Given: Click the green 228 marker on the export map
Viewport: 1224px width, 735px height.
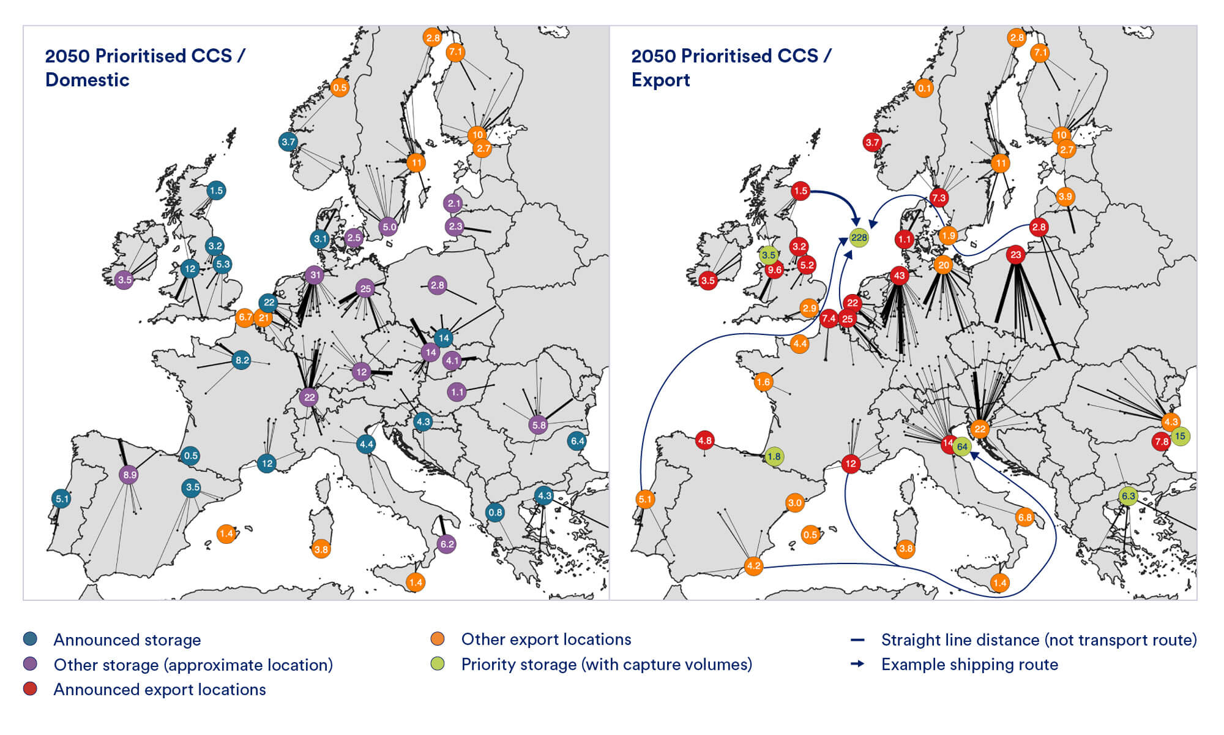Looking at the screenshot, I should click(859, 238).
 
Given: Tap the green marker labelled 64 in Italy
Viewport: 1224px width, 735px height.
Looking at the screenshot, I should click(962, 447).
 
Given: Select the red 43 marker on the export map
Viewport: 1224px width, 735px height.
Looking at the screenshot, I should click(899, 276).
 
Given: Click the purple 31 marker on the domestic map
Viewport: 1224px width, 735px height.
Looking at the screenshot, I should click(315, 275).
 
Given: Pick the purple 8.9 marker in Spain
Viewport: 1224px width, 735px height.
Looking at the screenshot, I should click(129, 475).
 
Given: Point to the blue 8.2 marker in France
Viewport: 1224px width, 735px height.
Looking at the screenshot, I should click(242, 360).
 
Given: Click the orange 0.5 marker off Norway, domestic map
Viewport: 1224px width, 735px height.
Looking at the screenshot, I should click(340, 87).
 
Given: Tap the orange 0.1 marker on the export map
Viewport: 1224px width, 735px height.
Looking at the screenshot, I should click(924, 88).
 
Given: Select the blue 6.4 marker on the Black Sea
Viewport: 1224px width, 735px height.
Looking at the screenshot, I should click(577, 441).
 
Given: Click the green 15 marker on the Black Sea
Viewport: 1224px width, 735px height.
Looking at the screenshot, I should click(1180, 436).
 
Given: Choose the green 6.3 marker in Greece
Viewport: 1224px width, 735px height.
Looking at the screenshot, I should click(1128, 496).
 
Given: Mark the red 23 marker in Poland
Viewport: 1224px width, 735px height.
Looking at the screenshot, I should click(1016, 255).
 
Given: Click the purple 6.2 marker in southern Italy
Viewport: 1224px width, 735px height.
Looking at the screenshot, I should click(447, 544).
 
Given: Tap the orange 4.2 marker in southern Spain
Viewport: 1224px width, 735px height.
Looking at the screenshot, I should click(753, 566).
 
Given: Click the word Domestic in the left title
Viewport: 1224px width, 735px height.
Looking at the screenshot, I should click(87, 80).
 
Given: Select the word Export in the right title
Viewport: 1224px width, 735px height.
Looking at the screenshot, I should click(660, 80).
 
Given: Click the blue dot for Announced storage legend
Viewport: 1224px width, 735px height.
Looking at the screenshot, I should click(30, 639).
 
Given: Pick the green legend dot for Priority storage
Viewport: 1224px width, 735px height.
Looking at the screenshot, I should click(437, 664).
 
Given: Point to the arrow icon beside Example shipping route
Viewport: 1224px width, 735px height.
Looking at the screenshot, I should click(857, 664).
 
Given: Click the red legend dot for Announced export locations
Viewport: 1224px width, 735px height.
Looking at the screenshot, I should click(30, 689).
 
